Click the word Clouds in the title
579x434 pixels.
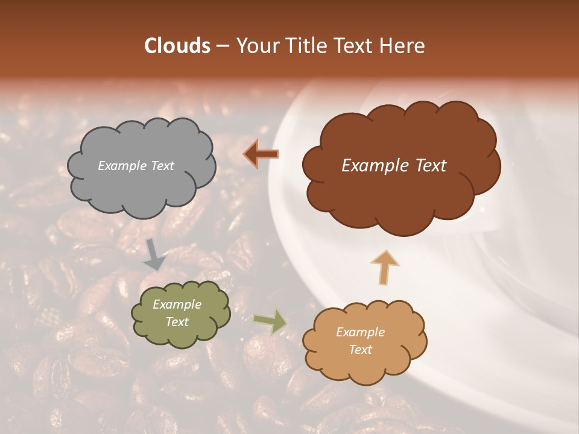177,46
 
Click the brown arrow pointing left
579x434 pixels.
261,154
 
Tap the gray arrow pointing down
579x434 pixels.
154,254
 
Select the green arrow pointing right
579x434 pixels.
270,321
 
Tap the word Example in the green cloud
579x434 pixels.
177,304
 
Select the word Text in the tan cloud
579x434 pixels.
360,350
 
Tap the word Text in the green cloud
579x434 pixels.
177,322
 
